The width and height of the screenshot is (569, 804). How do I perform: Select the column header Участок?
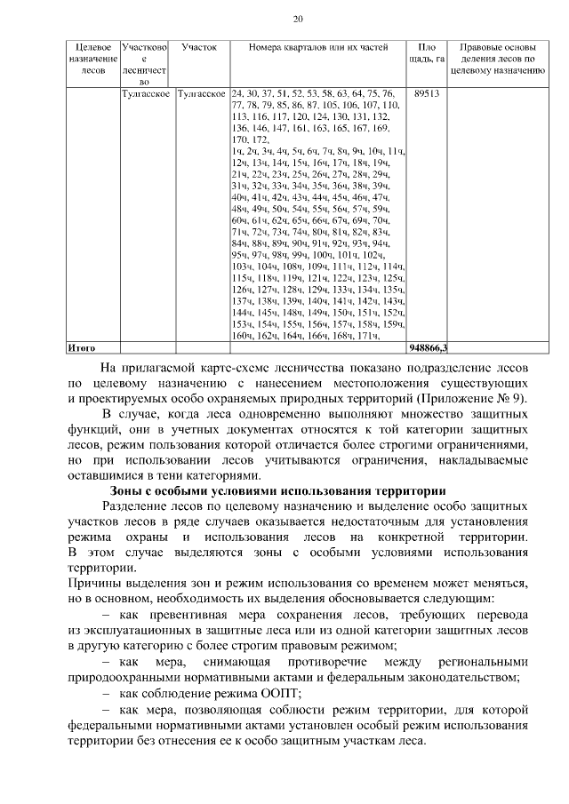(x=199, y=46)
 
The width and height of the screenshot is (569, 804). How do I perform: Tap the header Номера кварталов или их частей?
(x=317, y=46)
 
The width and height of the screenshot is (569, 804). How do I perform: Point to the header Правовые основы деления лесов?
(x=497, y=52)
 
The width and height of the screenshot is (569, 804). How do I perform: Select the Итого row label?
(x=82, y=347)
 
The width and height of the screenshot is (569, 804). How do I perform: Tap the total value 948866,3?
(x=428, y=347)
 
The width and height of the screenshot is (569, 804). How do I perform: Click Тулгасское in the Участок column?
(x=202, y=92)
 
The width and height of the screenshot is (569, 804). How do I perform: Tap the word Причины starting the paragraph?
(x=94, y=584)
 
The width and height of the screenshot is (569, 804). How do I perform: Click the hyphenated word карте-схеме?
(x=236, y=367)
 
